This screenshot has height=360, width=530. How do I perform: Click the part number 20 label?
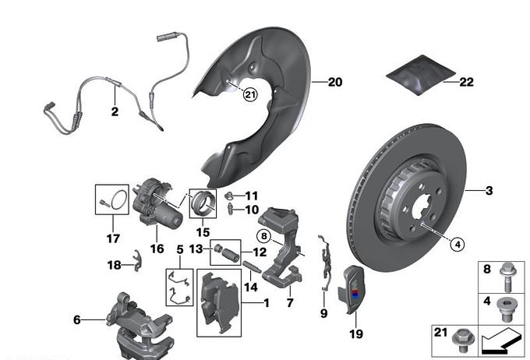334,81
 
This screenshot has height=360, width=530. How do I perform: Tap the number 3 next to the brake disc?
489,190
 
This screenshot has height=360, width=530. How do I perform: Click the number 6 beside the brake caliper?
77,319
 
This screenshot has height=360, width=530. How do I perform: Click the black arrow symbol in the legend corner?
500,340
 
